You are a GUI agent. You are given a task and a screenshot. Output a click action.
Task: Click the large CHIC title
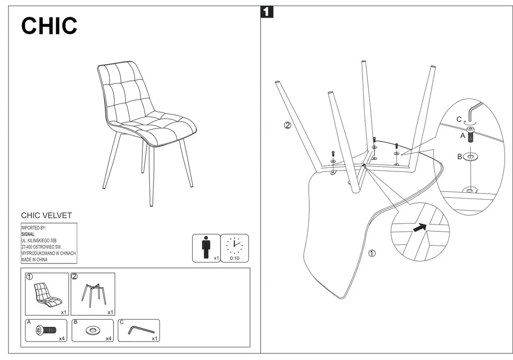(49, 26)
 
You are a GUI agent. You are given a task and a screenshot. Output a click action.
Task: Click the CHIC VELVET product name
(46, 216)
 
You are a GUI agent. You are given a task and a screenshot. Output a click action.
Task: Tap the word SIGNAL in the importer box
(28, 234)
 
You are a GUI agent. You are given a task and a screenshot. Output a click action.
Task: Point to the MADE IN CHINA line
(34, 260)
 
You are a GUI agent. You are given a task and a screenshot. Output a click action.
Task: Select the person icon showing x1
(205, 247)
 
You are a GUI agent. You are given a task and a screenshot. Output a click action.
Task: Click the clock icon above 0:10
(234, 245)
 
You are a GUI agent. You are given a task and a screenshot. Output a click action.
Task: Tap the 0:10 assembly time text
(234, 258)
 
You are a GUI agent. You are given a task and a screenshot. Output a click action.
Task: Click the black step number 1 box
(267, 12)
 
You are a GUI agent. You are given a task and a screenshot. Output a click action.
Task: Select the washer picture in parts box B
(93, 330)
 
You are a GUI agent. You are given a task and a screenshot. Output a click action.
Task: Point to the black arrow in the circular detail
(418, 228)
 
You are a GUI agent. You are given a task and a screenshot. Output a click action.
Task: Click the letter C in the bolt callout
(459, 119)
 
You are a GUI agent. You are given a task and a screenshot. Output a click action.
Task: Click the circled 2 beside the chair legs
(287, 125)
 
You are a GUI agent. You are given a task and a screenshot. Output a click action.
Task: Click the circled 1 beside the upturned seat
(372, 253)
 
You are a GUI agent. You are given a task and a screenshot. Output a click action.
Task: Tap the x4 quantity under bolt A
(62, 338)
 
